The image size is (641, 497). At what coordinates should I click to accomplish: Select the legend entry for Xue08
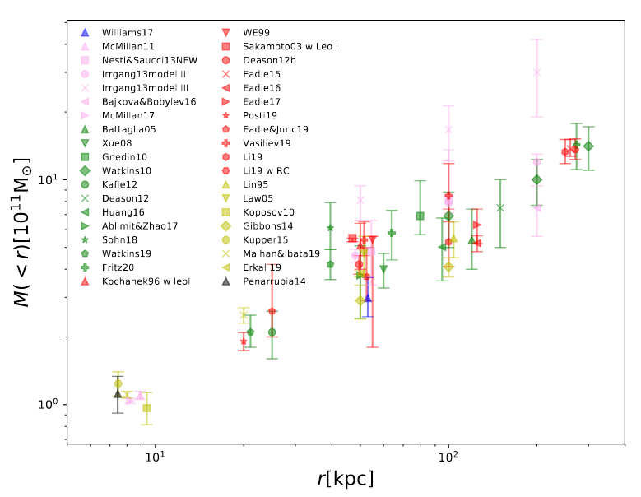coord(112,142)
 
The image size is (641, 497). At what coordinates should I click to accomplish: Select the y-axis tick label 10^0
coord(50,404)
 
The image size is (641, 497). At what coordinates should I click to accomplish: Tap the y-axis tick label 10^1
coord(50,179)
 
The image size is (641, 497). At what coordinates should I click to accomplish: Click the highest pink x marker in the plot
coord(536,72)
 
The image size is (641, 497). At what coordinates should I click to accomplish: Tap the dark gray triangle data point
coord(118,394)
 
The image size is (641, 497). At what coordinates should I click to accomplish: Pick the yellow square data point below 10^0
coord(146,408)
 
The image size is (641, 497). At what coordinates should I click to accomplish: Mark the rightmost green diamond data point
coord(588,146)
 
